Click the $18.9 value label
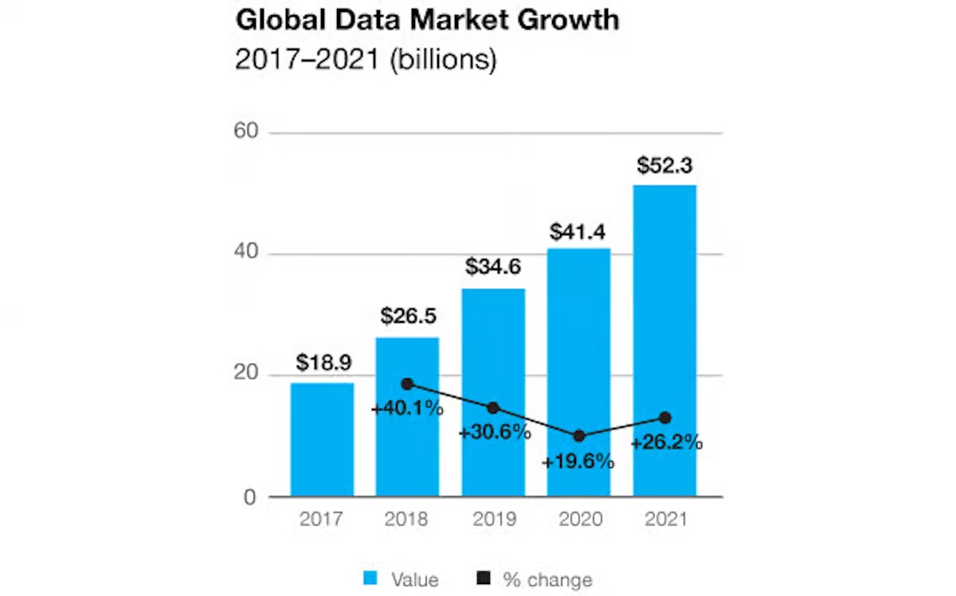(322, 363)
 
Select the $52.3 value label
(664, 167)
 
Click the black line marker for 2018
(408, 384)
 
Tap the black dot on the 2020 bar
(579, 436)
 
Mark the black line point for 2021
(664, 418)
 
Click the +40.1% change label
(407, 410)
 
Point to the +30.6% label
(494, 433)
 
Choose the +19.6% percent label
(578, 461)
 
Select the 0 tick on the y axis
(251, 497)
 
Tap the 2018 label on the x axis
(407, 520)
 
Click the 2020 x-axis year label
(579, 520)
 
